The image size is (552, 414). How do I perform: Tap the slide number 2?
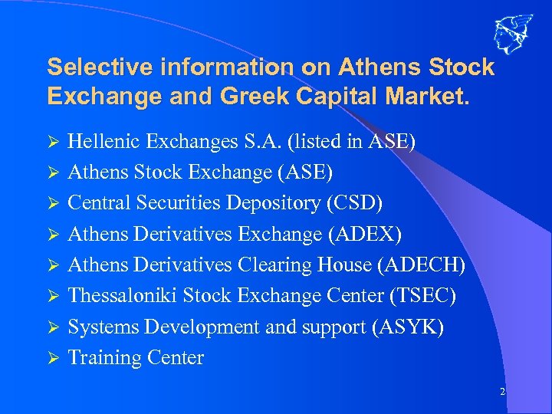click(x=502, y=392)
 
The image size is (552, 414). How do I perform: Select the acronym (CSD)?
click(x=354, y=203)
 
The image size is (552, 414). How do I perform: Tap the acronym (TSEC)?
click(x=418, y=296)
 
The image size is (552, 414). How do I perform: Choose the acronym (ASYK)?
click(x=406, y=327)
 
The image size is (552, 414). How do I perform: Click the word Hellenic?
click(x=103, y=141)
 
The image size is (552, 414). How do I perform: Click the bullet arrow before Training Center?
click(x=53, y=358)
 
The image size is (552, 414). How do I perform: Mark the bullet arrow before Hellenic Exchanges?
click(x=53, y=142)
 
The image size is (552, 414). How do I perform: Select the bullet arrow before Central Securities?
click(x=53, y=203)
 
